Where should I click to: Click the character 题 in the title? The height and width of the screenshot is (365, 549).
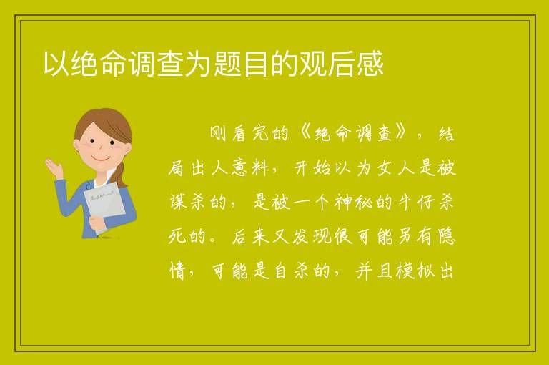[227, 64]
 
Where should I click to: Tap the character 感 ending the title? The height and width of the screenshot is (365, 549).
[370, 64]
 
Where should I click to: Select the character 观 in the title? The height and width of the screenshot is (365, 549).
[313, 64]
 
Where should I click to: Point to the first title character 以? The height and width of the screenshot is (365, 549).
[56, 64]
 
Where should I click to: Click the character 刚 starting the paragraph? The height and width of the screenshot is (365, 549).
[218, 134]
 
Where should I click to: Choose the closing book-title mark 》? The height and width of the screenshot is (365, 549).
[401, 134]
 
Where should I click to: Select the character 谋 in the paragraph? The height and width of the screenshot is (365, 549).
[178, 203]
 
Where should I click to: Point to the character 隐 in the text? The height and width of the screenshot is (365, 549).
[446, 237]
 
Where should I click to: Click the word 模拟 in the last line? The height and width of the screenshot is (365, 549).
[415, 271]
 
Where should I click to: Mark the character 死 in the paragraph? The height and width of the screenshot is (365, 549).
[177, 237]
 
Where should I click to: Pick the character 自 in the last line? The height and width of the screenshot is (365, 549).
[280, 271]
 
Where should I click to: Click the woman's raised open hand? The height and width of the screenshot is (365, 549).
[54, 167]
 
